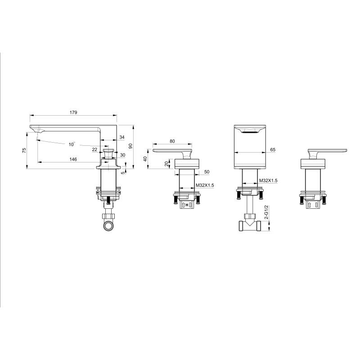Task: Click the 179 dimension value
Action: (x=73, y=112)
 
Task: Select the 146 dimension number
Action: (x=73, y=159)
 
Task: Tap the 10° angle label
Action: (x=72, y=144)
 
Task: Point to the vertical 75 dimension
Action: (x=24, y=151)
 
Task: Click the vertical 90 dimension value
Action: (x=130, y=146)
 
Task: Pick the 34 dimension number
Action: (x=122, y=137)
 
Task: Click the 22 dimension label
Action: (x=94, y=149)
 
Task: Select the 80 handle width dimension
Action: (x=172, y=141)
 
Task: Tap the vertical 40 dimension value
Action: (x=145, y=159)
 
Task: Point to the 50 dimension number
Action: (x=207, y=172)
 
